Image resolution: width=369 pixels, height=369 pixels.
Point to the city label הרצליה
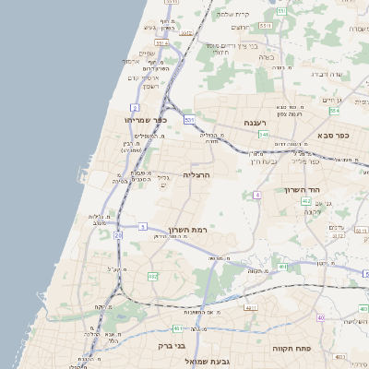coord(197,173)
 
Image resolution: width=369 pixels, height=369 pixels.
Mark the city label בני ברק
coord(160,348)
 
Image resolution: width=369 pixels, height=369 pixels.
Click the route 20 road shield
coord(118,235)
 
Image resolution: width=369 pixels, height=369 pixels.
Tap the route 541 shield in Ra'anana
coord(263,134)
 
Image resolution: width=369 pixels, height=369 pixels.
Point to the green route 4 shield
coord(257,195)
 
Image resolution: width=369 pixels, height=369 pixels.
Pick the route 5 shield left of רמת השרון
coord(143,226)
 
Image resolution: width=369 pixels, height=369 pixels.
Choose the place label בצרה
coord(268,57)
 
